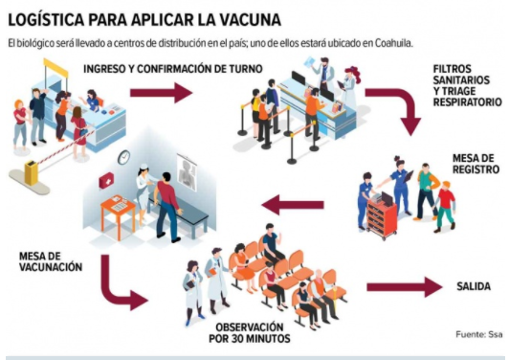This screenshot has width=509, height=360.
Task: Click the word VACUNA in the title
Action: point(249,20)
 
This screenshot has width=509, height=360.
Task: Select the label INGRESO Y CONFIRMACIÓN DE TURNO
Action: point(172,69)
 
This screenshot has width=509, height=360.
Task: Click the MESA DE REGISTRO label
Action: point(476,164)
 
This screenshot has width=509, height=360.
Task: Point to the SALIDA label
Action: point(474,286)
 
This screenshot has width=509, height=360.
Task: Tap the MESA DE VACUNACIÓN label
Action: point(51,261)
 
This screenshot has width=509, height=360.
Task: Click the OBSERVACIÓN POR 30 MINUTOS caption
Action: point(250,333)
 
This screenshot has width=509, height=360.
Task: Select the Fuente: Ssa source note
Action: point(479,334)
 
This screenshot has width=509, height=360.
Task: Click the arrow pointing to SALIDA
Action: point(405,287)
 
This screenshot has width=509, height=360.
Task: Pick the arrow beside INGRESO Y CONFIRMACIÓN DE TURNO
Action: point(162,93)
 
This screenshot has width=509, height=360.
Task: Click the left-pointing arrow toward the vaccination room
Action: point(293,205)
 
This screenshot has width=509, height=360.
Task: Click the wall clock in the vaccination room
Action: point(123,157)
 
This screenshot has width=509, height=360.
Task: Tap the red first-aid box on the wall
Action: point(105,180)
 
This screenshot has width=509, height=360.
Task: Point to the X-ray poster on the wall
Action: point(187,171)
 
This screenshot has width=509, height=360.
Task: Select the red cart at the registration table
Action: point(382,216)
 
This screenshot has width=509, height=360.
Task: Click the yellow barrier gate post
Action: point(30,172)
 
